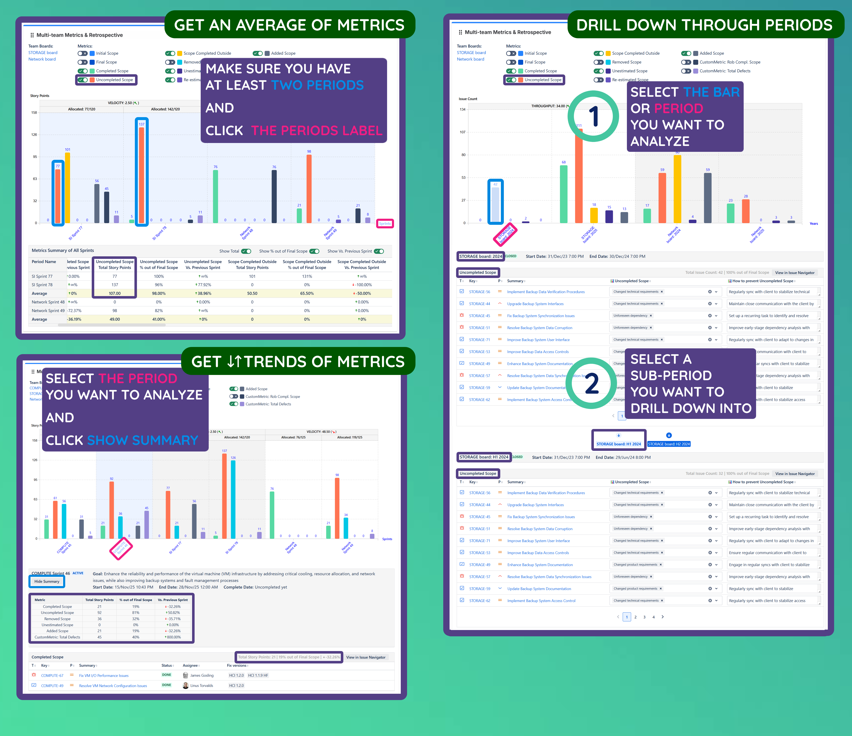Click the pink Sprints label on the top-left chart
pos(385,224)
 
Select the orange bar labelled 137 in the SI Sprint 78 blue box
pos(141,175)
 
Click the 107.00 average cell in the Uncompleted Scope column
pos(115,293)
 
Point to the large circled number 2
pos(591,383)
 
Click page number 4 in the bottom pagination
pos(653,617)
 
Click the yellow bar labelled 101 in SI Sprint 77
pos(68,187)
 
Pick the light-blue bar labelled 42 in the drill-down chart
pos(495,204)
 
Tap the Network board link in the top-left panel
pos(42,59)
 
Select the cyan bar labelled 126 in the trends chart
pos(233,499)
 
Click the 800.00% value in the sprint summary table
pos(173,637)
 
